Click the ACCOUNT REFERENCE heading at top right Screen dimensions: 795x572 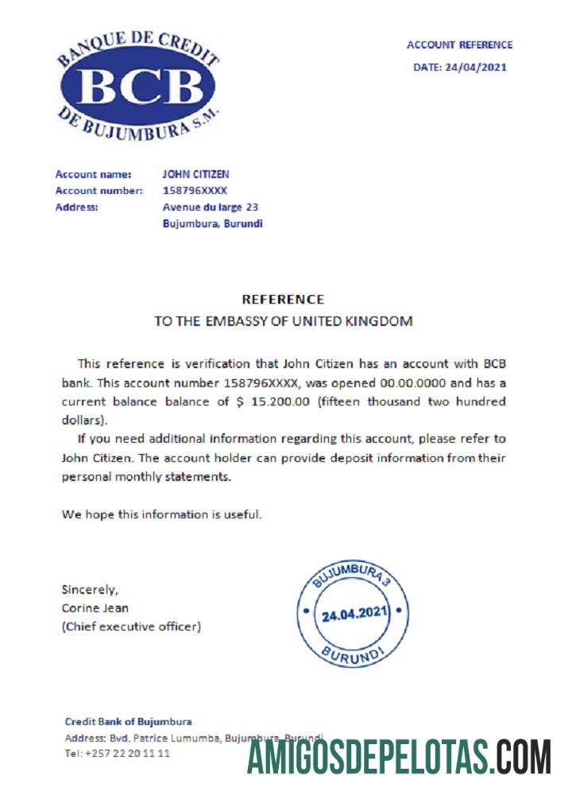(459, 45)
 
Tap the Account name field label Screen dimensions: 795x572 (87, 174)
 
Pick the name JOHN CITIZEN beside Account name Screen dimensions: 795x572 (196, 174)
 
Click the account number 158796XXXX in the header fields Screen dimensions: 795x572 (195, 191)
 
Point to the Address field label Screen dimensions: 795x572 (76, 207)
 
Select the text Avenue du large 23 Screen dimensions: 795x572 (210, 207)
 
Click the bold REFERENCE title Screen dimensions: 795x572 (283, 300)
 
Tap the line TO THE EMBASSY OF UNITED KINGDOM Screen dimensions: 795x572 (283, 322)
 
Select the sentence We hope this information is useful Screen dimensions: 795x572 (162, 514)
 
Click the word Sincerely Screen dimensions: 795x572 (90, 590)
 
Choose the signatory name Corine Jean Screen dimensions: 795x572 (95, 608)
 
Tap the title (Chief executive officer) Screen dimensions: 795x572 (131, 626)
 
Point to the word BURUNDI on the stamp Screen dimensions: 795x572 (352, 656)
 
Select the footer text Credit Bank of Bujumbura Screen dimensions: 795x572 (128, 722)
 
